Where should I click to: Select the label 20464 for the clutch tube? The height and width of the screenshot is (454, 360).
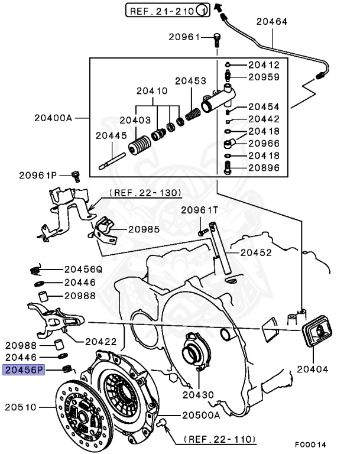[x=272, y=22]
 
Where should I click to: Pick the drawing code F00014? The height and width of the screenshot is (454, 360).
[x=310, y=444]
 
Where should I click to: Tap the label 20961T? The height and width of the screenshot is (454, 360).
[x=199, y=210]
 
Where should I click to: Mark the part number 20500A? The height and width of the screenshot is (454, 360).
[x=201, y=415]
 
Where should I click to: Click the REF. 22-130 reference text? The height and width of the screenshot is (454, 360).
[x=145, y=193]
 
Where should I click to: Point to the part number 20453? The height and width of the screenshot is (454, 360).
[x=190, y=80]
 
